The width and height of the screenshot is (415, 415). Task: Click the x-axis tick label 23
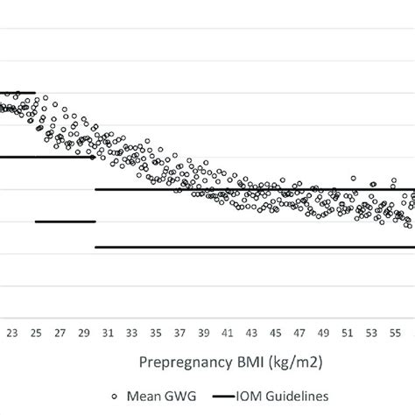[12, 333]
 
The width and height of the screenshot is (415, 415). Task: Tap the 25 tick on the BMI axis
[36, 333]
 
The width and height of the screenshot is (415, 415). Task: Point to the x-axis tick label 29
[84, 333]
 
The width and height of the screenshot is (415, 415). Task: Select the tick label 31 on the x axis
[108, 333]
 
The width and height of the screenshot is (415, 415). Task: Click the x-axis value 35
[155, 333]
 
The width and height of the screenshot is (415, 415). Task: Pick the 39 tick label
[203, 333]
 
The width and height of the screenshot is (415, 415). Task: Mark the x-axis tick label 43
[251, 333]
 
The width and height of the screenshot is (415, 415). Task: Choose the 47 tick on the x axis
[299, 333]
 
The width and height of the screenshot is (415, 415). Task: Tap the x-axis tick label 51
[347, 333]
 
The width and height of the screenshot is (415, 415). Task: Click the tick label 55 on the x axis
[395, 333]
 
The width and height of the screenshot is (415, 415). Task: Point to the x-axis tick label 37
[179, 333]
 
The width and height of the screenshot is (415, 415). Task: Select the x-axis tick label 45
[275, 333]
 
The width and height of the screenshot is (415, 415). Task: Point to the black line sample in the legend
[235, 396]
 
